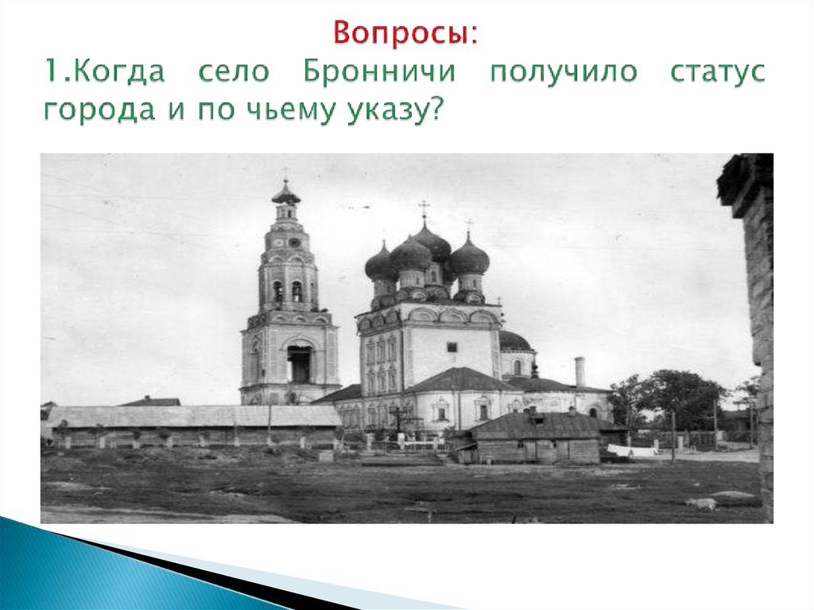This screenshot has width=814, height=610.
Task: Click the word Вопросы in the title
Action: [x=402, y=33]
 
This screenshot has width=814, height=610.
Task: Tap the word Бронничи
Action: [x=379, y=72]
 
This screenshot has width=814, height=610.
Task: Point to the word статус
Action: [x=717, y=72]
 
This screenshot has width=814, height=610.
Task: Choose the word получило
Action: [x=563, y=72]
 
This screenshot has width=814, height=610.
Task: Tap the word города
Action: [x=93, y=111]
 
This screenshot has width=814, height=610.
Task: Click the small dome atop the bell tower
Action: [x=285, y=193]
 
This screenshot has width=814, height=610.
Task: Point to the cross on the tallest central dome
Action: [x=424, y=211]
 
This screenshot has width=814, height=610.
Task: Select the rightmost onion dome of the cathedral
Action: [x=469, y=258]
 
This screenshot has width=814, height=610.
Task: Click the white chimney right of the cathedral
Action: [x=579, y=371]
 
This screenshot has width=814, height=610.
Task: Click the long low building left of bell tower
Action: [x=191, y=425]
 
